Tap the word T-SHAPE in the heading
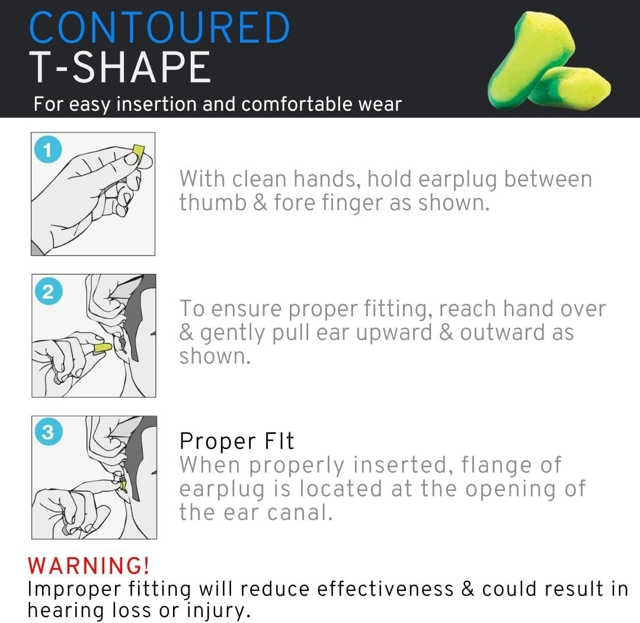coord(120,68)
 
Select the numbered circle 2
coord(48,291)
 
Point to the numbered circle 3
coord(48,432)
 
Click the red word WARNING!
coord(88,566)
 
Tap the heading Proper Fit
coord(236,441)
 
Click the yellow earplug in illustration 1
coord(138,153)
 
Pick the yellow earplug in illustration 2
coord(103,348)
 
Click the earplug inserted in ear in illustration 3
coord(123,486)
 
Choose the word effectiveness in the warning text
coord(385,589)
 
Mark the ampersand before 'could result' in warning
coord(468,589)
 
